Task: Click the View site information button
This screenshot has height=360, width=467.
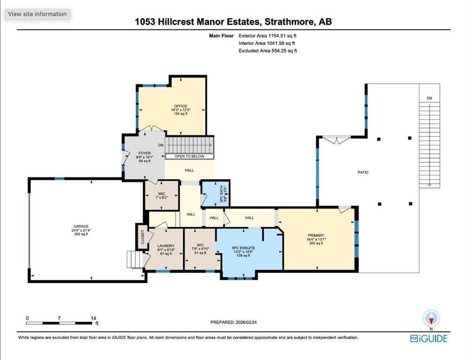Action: pos(37,14)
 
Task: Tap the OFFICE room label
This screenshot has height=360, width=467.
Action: pos(181,106)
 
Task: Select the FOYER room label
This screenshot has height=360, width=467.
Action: pos(144,153)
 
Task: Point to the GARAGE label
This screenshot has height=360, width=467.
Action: pos(81,226)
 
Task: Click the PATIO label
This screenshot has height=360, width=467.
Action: pos(363,172)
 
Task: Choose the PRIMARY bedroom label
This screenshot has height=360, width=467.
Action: pos(316,235)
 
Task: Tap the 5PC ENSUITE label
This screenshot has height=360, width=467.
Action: pos(243,247)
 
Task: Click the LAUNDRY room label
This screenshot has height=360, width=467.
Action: pos(166,246)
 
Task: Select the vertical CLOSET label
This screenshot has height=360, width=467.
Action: pos(142,237)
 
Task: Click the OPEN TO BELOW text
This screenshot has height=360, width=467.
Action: pos(189,156)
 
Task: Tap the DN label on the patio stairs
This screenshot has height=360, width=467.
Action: pos(429,98)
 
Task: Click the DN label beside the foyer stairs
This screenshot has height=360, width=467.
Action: pos(161,145)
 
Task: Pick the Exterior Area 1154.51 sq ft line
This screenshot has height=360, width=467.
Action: pos(267,36)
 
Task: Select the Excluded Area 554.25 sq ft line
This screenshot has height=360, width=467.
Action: pos(268,51)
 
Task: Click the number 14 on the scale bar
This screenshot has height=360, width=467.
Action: pos(93,318)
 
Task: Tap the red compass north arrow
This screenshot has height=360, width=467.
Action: pos(431,321)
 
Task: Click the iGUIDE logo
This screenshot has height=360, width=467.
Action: pos(429,338)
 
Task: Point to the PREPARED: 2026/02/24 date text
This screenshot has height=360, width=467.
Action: pos(233,322)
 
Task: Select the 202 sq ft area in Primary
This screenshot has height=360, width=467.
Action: pos(316,243)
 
